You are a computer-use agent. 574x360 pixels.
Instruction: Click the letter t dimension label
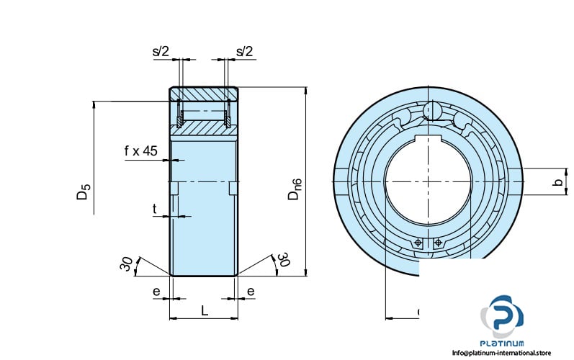pyautogui.click(x=154, y=209)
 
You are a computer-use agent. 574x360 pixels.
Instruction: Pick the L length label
pyautogui.click(x=205, y=310)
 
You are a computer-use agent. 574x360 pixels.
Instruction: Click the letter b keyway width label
pyautogui.click(x=556, y=183)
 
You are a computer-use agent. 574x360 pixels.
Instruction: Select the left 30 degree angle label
pyautogui.click(x=127, y=264)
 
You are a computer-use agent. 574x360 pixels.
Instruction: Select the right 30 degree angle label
pyautogui.click(x=283, y=260)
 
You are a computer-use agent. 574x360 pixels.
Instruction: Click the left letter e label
pyautogui.click(x=156, y=291)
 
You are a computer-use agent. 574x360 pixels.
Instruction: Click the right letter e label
pyautogui.click(x=251, y=291)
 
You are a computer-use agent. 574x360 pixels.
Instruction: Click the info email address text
pyautogui.click(x=501, y=353)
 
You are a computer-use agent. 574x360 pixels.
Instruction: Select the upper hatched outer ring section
pyautogui.click(x=204, y=94)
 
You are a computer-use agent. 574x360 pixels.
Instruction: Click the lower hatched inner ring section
pyautogui.click(x=204, y=128)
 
